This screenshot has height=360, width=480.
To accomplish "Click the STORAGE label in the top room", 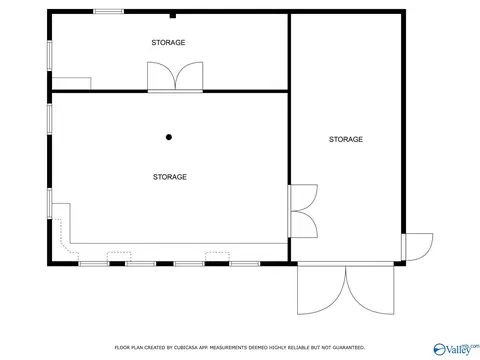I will (168, 43).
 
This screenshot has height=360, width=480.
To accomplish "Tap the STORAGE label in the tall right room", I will (345, 139).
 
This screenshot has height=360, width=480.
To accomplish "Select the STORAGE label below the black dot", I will (170, 177).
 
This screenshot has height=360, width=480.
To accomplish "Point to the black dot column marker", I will (169, 137).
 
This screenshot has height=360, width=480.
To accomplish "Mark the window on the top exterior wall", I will (108, 12).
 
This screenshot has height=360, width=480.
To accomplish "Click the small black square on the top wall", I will (172, 15).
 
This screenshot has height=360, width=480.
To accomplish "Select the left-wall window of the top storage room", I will (49, 54).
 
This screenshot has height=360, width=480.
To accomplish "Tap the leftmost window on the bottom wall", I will (94, 263).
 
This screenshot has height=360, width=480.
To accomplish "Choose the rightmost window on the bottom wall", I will (244, 263).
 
